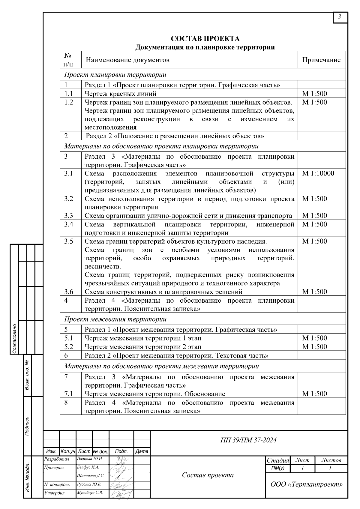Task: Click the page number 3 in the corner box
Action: (340, 17)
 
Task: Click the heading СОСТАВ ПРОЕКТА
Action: (205, 39)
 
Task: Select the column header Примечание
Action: (321, 60)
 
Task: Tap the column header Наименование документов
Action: (127, 60)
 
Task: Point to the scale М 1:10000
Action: (318, 173)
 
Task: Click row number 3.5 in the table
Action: (68, 241)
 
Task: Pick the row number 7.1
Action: (68, 394)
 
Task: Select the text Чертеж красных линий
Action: (121, 94)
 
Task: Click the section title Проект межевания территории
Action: (115, 319)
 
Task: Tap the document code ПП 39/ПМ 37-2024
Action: (248, 440)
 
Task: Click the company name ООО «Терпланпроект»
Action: (307, 484)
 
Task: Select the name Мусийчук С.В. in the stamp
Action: (90, 493)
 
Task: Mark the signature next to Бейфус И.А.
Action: (119, 468)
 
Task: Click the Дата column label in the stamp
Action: (142, 451)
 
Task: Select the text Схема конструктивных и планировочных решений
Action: (163, 292)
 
